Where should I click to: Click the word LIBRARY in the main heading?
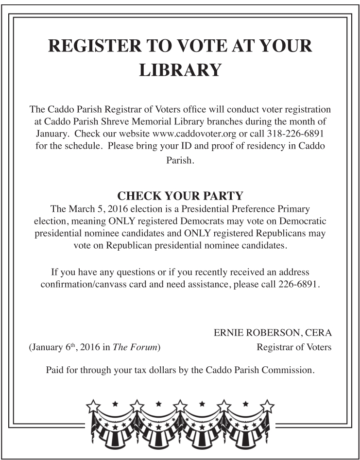click(x=180, y=69)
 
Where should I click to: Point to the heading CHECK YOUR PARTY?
click(x=180, y=196)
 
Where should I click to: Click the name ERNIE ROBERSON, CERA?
click(x=273, y=333)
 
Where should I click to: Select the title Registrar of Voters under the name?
click(x=293, y=347)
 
